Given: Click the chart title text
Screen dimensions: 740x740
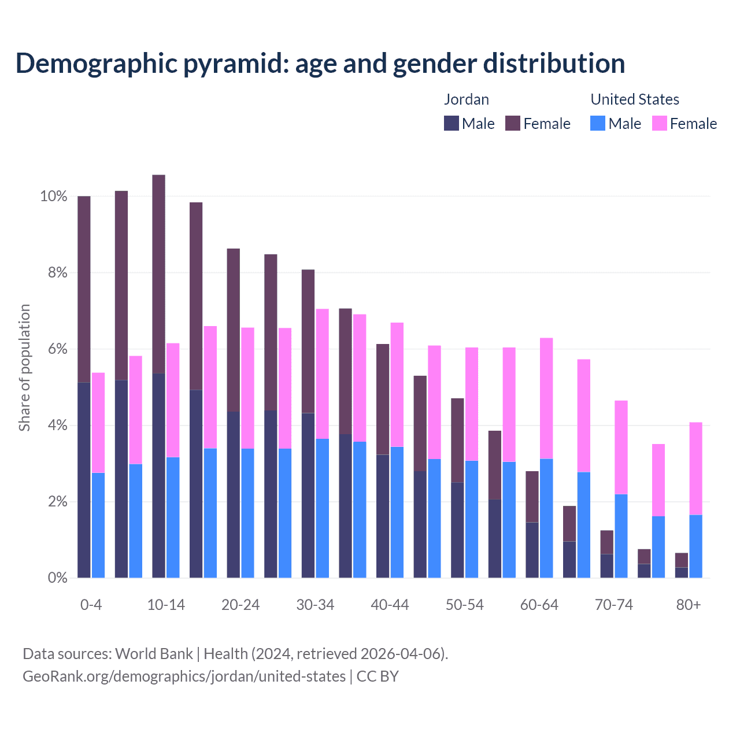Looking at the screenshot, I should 320,63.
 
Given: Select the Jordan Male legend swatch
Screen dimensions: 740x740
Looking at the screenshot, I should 452,123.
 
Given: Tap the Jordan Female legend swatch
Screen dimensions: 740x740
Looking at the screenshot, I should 513,123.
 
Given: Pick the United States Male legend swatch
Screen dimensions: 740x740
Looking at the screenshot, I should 598,123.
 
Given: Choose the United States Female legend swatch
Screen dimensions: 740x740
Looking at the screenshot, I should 660,123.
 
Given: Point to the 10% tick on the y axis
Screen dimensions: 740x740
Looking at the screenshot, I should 53,197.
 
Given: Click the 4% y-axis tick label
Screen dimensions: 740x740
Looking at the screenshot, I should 57,425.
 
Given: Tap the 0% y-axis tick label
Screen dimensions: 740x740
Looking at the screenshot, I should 57,578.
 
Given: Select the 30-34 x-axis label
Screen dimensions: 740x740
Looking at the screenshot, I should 315,605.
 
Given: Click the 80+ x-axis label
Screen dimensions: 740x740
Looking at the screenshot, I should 689,605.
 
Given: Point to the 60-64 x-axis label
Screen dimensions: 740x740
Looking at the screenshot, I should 539,605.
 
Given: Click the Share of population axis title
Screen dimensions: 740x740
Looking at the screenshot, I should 24,368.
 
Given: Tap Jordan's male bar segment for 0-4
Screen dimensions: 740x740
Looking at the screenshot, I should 84,480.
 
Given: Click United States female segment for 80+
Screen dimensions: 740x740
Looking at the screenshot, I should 696,468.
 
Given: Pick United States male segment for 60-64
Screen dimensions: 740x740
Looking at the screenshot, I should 546,518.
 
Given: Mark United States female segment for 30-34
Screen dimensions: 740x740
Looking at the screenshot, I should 323,373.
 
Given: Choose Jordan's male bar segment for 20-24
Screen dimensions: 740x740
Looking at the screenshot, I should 233,494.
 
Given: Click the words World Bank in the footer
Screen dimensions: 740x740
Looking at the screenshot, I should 154,654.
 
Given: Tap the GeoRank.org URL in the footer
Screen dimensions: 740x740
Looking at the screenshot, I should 184,676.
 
